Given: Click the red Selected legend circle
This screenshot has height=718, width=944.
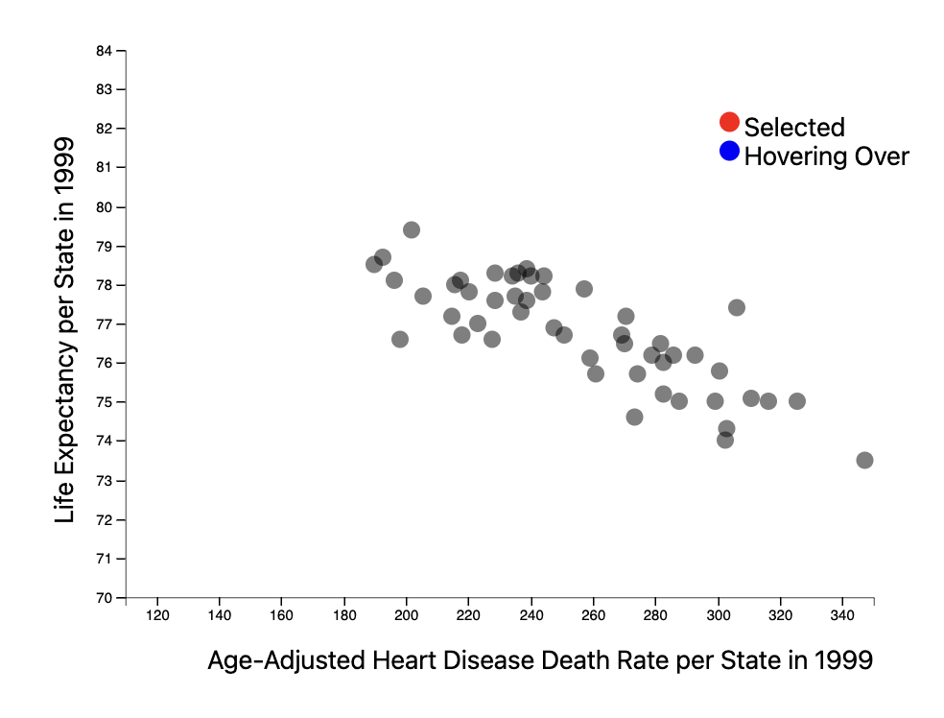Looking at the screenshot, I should coord(729,122).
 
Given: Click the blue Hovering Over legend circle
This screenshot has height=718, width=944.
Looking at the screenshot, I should coord(729,151).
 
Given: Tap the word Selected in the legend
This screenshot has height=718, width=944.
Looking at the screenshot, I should coord(794,127).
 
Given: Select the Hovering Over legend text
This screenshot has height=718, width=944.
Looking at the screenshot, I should coord(826,156).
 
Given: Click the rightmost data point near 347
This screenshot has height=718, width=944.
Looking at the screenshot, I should coord(864,460).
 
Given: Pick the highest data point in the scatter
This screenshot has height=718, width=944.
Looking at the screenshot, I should coord(412,229).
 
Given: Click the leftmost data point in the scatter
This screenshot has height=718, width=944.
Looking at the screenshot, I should coord(374,264).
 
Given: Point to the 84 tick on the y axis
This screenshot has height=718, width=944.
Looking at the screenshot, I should coord(105,50).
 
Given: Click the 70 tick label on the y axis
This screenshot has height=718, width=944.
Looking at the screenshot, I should coord(105,598).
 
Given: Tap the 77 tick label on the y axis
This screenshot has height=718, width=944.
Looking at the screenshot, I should coord(105,323).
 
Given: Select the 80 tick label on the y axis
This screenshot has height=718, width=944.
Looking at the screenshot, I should coord(105,206).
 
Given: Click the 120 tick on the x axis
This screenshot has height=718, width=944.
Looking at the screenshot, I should coord(156,614).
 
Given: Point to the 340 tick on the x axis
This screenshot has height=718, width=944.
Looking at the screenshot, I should coord(842,614).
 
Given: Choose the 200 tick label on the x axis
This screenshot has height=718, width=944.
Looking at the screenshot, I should coord(407,614).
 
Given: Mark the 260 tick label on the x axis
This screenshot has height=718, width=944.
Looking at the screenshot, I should coord(594,614).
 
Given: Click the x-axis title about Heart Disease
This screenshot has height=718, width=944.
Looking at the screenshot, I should coord(539,660).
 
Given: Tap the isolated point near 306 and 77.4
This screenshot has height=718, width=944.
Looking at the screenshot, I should coord(737,307).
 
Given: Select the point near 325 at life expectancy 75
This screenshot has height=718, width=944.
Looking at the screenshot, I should coord(796,401).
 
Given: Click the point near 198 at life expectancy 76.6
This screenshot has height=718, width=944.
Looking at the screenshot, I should coord(400,339).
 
